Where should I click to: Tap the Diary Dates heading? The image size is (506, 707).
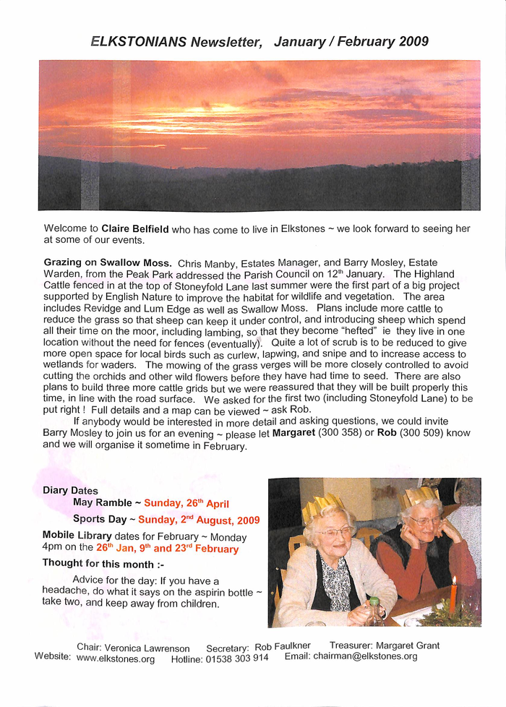click(70, 490)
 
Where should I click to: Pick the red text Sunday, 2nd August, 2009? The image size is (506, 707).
click(199, 519)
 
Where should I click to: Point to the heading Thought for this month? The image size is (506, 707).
click(103, 564)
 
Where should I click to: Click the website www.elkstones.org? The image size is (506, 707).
click(116, 659)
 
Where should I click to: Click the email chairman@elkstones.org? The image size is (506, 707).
click(365, 656)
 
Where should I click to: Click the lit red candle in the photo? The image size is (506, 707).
click(453, 596)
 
